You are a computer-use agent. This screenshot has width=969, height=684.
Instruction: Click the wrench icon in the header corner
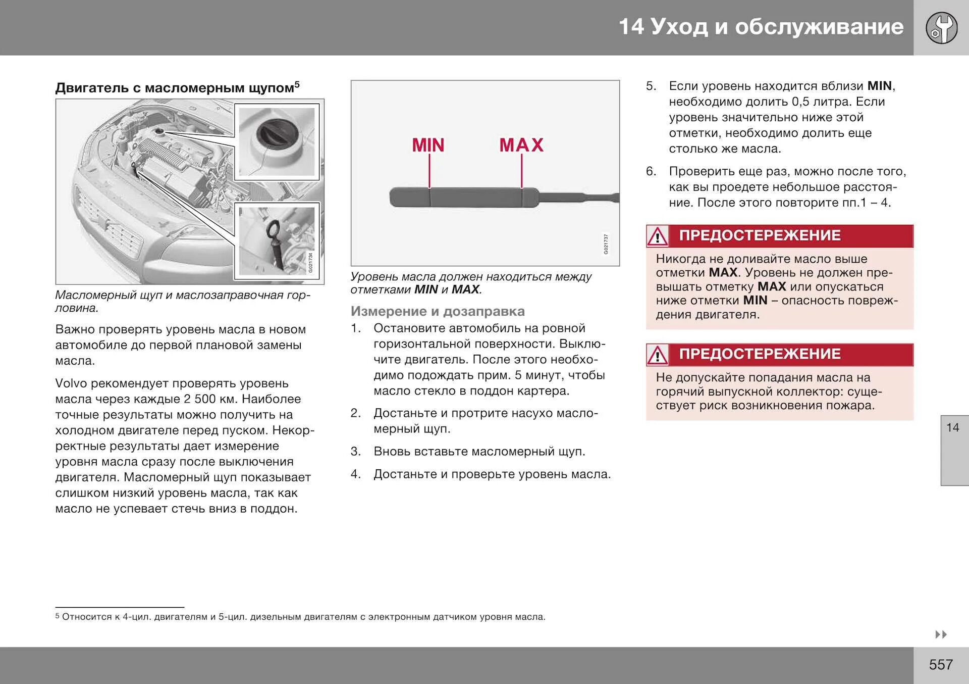(941, 28)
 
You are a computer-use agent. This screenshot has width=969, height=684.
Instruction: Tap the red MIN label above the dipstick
(428, 145)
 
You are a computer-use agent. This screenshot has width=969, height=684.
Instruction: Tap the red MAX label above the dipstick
(521, 145)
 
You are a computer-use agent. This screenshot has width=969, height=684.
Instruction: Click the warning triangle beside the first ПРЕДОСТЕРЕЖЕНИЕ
(658, 236)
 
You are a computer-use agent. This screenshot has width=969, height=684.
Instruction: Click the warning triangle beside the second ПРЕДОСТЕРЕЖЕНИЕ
(658, 355)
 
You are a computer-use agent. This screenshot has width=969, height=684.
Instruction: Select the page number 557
(941, 664)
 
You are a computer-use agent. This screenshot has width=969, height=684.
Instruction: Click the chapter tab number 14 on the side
(952, 428)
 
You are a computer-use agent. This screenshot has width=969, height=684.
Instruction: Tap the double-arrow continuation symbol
(941, 634)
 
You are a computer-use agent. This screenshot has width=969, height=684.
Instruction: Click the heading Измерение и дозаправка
(438, 311)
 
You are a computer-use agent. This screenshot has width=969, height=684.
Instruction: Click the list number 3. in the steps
(356, 452)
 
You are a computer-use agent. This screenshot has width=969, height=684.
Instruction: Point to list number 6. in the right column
(651, 172)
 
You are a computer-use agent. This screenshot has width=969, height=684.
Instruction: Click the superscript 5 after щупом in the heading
(297, 84)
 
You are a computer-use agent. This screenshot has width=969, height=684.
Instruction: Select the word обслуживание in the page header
(819, 27)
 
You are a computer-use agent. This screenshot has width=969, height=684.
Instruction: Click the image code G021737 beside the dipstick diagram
(606, 244)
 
